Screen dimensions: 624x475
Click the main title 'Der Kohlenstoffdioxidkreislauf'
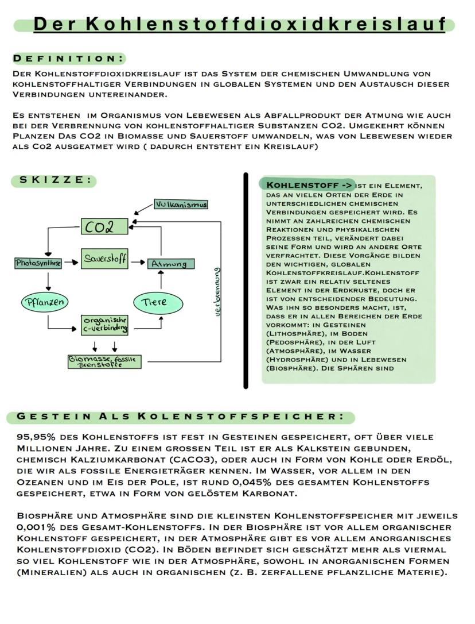[239, 25]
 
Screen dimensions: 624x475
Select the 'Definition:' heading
[68, 58]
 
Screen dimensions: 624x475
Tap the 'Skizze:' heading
[55, 180]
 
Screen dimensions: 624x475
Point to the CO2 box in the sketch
[104, 226]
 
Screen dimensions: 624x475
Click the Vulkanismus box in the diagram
[181, 205]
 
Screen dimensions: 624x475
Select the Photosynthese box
[37, 263]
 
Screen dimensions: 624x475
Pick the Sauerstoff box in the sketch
[104, 258]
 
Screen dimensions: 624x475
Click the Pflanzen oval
[44, 301]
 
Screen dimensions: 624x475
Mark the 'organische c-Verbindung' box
[104, 324]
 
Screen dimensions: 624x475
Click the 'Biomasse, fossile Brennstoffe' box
[104, 361]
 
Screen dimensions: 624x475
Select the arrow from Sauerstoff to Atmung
[138, 263]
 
